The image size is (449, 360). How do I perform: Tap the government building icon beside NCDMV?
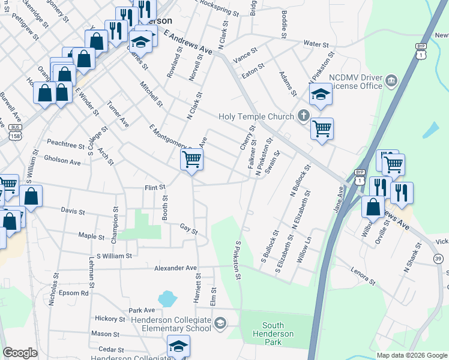pos(391,80)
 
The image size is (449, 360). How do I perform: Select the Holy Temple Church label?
pos(256,116)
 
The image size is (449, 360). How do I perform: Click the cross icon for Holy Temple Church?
pos(304,116)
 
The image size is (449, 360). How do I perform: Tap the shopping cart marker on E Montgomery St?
pos(191,160)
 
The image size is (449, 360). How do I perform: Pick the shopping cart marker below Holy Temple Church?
pos(322,128)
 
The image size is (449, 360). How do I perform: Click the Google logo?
pos(20,353)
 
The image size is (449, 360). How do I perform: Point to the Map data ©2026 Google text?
pos(412,355)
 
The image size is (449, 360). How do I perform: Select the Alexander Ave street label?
pos(175,268)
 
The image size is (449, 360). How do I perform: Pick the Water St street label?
pos(316,44)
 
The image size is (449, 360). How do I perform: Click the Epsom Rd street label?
pos(74,293)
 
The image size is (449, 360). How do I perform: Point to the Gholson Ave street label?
pos(62,162)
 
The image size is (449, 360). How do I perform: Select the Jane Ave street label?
pos(339,199)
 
